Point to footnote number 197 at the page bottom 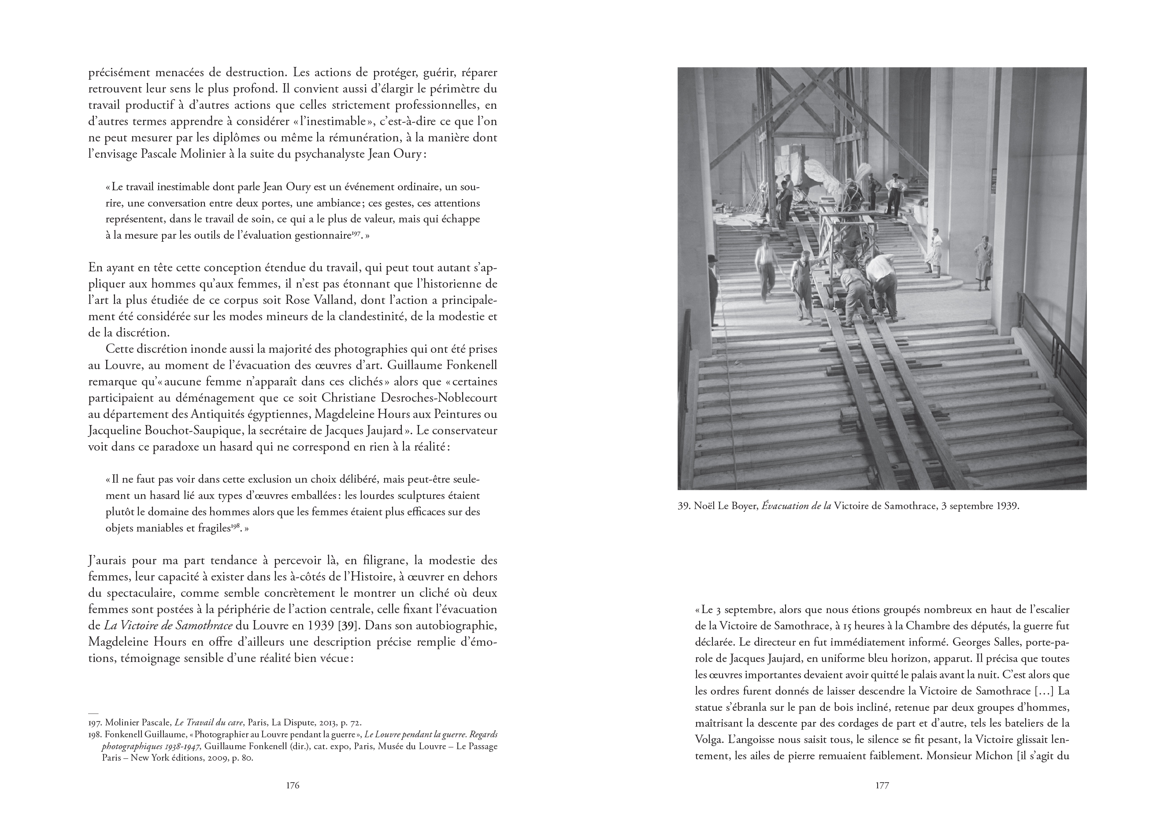coord(95,723)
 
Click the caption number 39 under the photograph coord(684,506)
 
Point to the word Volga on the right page coord(708,739)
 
